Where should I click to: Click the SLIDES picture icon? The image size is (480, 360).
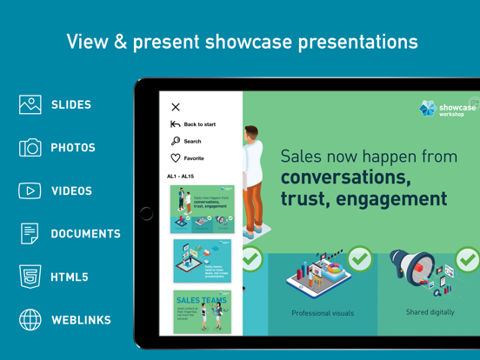point(30,104)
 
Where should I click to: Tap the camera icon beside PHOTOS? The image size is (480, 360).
point(30,148)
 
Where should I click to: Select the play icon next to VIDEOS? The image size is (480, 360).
point(30,190)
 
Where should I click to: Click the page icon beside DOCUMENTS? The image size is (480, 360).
point(30,233)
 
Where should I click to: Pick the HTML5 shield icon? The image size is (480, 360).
point(30,277)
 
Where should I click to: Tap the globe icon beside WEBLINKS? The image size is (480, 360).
point(30,320)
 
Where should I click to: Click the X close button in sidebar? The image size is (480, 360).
point(176,107)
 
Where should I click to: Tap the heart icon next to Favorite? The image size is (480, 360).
point(176,158)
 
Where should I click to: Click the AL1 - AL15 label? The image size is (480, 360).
point(181,177)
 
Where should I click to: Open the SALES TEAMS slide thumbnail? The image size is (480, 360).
point(202,311)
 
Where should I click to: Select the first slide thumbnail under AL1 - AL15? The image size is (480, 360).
point(202,209)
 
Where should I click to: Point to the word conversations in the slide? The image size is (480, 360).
point(345,177)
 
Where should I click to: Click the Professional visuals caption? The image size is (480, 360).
point(323,313)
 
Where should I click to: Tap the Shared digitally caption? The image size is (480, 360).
point(430,312)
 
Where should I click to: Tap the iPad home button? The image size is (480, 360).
point(146,213)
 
